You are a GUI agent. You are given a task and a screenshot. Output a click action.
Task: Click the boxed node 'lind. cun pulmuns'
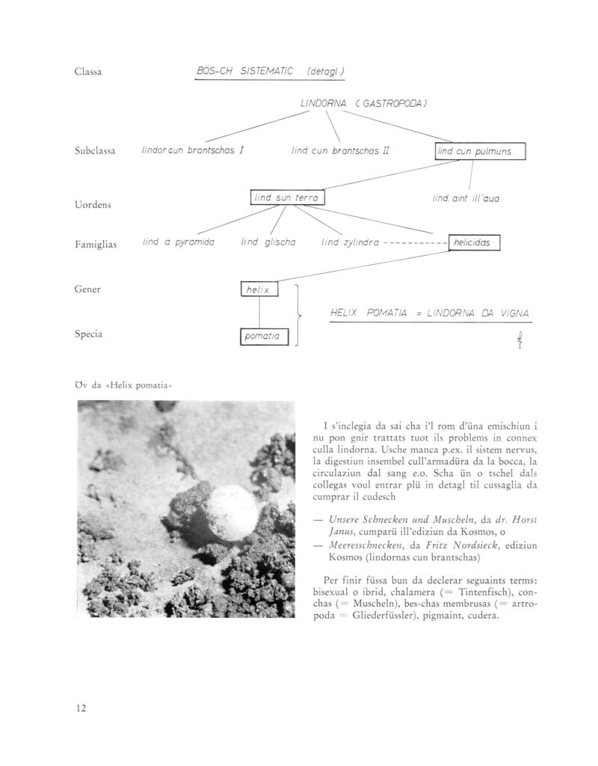click(x=481, y=152)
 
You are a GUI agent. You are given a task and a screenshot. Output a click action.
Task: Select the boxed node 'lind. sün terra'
click(x=287, y=197)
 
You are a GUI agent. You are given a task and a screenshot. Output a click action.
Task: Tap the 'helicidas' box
click(x=474, y=243)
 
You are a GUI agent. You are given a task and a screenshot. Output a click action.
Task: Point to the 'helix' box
click(x=259, y=289)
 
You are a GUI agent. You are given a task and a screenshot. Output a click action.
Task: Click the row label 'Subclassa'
click(x=93, y=151)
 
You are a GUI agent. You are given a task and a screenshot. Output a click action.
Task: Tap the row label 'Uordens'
click(x=93, y=205)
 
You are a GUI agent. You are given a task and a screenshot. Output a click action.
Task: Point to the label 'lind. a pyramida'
click(x=179, y=242)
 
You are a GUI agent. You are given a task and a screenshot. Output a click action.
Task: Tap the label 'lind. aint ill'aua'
click(x=466, y=198)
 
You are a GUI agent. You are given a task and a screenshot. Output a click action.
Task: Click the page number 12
click(x=81, y=708)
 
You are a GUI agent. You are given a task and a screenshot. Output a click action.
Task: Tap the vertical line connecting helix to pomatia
click(x=259, y=313)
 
